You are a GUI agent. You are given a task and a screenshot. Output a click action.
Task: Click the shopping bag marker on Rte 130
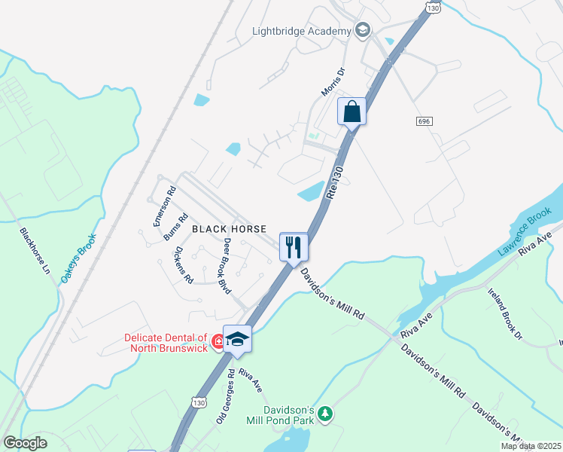351,113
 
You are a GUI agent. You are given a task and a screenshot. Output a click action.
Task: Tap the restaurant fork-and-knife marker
294,246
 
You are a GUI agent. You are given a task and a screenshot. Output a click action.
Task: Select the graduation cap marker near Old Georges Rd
237,339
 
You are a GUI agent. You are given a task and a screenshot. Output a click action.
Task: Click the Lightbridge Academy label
302,31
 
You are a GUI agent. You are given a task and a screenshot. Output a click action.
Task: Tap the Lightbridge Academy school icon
363,30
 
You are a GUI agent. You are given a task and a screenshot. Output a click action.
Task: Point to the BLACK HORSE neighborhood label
229,228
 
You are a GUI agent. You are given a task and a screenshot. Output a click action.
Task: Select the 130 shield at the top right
432,8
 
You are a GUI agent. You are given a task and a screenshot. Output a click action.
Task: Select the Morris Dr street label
333,82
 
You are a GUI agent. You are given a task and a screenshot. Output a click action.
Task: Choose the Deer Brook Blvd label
227,267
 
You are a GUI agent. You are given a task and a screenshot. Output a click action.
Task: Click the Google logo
26,443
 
